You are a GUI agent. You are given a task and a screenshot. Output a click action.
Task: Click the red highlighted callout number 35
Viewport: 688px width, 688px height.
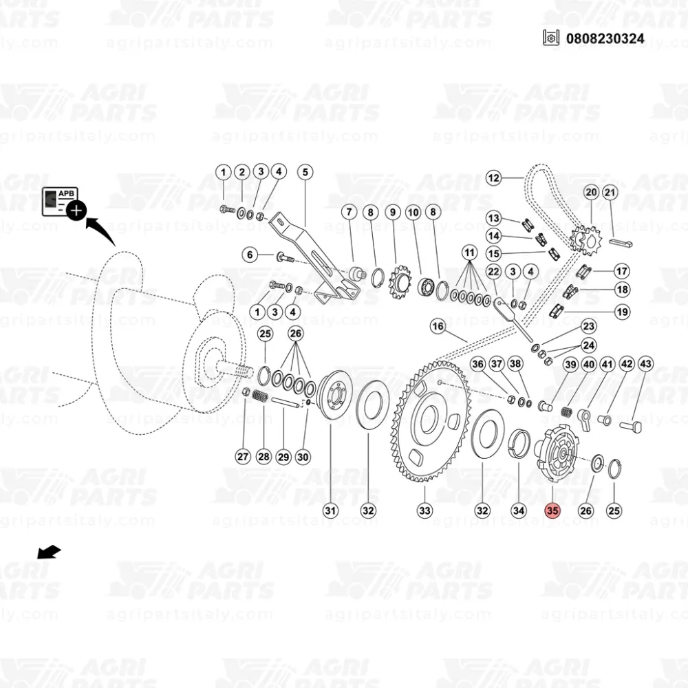[552, 510]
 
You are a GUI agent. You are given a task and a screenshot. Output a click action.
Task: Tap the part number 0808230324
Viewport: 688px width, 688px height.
[605, 38]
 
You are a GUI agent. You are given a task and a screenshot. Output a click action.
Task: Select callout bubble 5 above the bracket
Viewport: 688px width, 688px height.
[305, 172]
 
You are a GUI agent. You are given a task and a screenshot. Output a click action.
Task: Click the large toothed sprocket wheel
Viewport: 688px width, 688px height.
[431, 421]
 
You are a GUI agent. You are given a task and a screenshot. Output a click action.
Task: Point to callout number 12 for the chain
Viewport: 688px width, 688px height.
[493, 178]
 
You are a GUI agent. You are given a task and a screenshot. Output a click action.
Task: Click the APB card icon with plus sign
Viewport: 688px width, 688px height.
[64, 204]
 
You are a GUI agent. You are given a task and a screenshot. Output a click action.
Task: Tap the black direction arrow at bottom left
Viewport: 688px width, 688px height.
[49, 552]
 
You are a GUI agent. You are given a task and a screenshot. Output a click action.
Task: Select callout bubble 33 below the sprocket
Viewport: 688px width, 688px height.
[424, 510]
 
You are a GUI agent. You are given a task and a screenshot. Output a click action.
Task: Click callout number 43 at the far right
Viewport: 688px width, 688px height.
[645, 364]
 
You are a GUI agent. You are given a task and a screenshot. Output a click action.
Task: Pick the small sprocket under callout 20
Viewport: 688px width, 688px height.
[585, 239]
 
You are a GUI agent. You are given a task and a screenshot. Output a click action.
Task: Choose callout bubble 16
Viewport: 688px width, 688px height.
[438, 326]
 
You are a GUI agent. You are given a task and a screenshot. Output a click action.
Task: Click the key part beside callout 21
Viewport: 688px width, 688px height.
[621, 243]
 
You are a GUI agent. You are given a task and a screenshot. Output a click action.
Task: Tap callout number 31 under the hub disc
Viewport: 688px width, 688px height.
[330, 510]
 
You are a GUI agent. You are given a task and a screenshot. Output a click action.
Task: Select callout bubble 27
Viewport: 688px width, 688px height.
[243, 456]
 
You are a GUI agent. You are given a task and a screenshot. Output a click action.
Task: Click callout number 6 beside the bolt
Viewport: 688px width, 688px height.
[250, 255]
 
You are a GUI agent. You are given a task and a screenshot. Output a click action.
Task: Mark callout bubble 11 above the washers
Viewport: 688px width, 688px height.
[469, 252]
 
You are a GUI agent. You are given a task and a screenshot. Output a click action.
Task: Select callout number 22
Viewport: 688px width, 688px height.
[493, 272]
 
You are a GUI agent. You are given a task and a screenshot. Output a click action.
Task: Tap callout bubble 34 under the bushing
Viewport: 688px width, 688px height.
[519, 510]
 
